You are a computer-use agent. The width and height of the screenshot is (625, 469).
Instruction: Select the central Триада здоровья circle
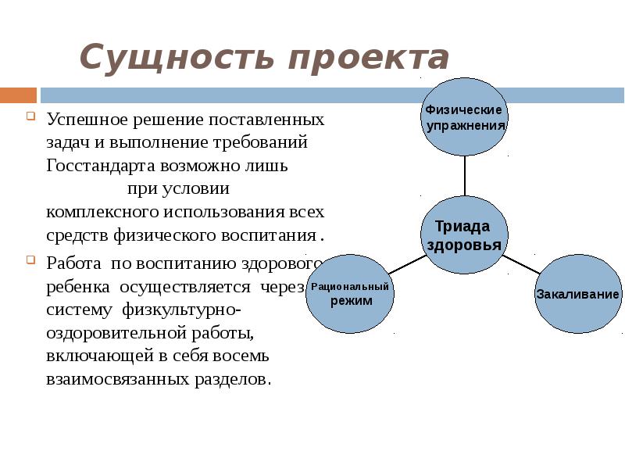[465, 234]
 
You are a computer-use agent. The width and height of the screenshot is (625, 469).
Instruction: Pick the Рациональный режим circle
[350, 294]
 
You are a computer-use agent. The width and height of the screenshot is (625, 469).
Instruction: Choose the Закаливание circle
[578, 294]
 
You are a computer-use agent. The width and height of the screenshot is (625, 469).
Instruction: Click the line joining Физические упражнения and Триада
[465, 175]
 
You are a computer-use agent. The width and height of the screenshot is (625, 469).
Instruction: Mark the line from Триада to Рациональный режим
[407, 264]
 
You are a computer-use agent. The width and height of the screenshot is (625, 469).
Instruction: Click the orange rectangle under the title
[18, 95]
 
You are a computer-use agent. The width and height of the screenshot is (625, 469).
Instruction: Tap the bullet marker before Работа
[30, 259]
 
